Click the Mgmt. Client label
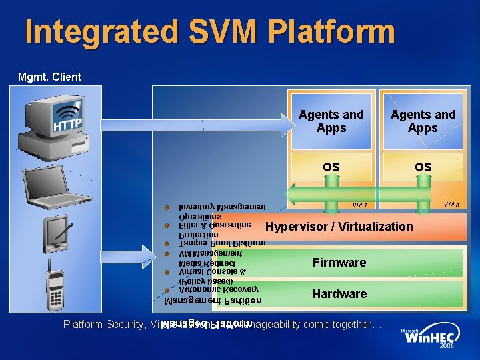[49, 77]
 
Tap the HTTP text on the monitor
[67, 125]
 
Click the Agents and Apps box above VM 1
[331, 121]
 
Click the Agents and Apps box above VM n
[423, 121]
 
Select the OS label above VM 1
[331, 167]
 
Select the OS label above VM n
[423, 167]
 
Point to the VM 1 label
[360, 205]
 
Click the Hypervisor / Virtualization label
[339, 227]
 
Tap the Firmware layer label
[339, 263]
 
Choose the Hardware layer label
[339, 294]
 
